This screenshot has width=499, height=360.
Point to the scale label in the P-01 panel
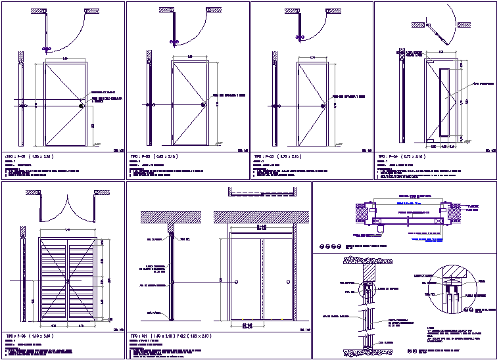point(119,151)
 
